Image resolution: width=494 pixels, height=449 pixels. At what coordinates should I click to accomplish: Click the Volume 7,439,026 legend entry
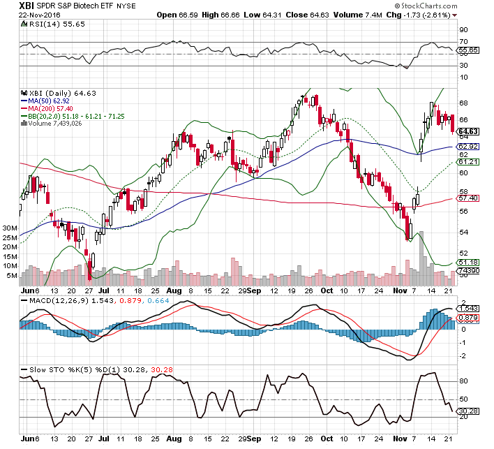56,123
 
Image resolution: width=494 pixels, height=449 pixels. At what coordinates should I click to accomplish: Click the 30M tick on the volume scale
10,228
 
